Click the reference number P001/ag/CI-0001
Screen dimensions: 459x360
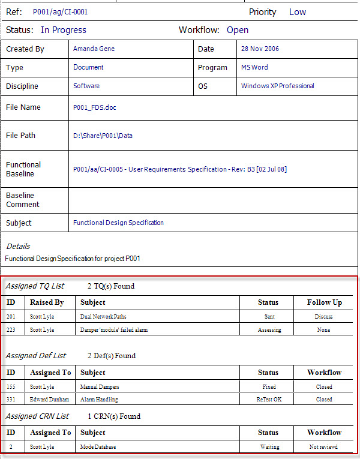coord(61,12)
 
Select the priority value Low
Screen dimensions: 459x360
coord(297,12)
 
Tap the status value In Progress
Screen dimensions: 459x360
coord(64,30)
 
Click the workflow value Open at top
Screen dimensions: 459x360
coord(238,30)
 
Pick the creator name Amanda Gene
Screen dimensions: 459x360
coord(94,49)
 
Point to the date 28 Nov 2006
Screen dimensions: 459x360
coord(260,49)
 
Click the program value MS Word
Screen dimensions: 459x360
coord(254,67)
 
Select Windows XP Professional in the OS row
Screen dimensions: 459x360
coord(277,86)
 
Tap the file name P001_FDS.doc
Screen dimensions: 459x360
coord(95,107)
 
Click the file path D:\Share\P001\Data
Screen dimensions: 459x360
coord(103,136)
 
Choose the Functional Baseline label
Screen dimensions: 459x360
coord(23,169)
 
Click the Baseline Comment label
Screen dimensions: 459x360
coord(23,200)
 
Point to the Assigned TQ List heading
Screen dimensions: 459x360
coord(35,286)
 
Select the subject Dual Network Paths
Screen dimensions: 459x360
coord(103,316)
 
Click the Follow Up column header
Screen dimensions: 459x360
coord(324,302)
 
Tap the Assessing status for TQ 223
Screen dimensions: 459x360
coord(269,330)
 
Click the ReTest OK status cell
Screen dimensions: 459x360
coord(269,399)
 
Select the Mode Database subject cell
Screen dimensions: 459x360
coord(98,447)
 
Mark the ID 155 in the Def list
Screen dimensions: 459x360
coord(11,387)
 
